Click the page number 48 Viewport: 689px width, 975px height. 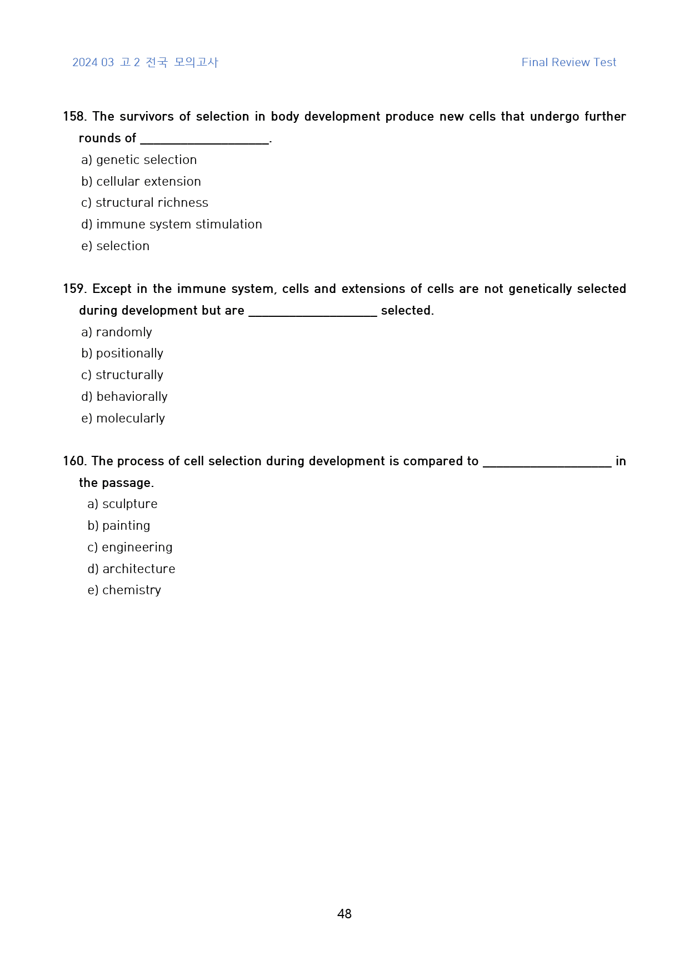pos(344,914)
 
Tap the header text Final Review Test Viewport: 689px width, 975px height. pos(568,62)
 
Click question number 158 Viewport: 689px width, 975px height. pos(74,117)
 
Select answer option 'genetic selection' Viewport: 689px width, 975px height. pos(146,160)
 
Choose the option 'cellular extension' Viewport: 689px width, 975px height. pos(148,182)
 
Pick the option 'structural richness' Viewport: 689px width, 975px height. pos(152,203)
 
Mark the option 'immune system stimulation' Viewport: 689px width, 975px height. pos(179,225)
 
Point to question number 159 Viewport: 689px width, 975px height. pos(74,289)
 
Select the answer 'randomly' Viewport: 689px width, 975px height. pos(123,332)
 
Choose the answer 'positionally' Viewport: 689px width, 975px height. pos(129,354)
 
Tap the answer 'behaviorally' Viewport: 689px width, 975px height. pos(132,397)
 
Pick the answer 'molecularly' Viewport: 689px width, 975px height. pos(131,419)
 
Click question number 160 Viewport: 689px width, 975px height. pos(74,461)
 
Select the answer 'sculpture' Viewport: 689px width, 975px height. pos(129,504)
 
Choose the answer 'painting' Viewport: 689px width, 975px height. pos(126,526)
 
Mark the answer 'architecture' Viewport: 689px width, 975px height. pos(138,569)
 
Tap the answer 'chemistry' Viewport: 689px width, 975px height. pos(131,590)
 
